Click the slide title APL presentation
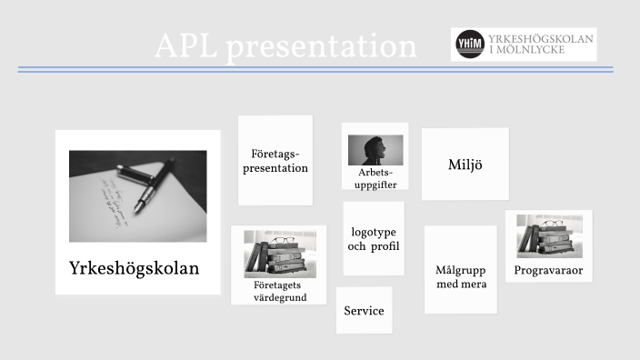point(285,46)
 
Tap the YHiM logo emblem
point(469,45)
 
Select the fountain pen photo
point(137,195)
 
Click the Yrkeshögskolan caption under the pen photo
point(134,269)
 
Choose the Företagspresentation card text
point(275,161)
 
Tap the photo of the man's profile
point(375,150)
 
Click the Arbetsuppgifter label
point(375,178)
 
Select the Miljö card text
point(464,165)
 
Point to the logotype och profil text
point(375,240)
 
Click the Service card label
point(364,311)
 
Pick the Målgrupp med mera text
point(460,277)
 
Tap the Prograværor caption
point(548,271)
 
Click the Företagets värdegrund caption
point(279,291)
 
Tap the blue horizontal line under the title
point(315,69)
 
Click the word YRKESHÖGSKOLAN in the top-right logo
point(541,39)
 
